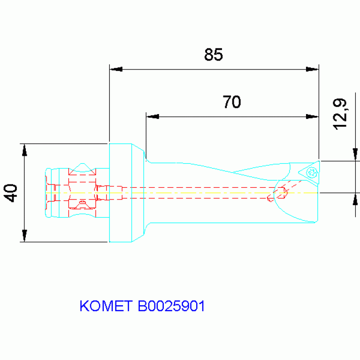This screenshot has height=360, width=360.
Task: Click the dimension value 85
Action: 213,55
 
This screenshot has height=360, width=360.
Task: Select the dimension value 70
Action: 231,102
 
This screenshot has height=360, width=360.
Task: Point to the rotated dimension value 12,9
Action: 339,114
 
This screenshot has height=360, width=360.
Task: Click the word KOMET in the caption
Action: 107,306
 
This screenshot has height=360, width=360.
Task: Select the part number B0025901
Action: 171,306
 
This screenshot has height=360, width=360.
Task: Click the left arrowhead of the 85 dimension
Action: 115,69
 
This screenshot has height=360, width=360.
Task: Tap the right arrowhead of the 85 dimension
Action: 313,69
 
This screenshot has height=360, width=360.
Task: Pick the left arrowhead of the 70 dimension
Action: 153,116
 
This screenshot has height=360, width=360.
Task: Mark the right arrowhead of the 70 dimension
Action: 313,116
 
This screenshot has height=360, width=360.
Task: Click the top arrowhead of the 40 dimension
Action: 24,150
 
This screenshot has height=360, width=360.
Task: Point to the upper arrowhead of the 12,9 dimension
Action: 355,154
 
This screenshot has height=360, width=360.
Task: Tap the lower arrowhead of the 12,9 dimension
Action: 355,199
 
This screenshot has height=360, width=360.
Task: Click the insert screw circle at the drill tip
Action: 310,173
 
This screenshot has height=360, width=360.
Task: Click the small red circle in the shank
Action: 83,203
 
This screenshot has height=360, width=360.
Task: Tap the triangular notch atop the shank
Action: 83,167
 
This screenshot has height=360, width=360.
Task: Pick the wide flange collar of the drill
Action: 121,193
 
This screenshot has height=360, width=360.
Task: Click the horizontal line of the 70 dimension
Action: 232,116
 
